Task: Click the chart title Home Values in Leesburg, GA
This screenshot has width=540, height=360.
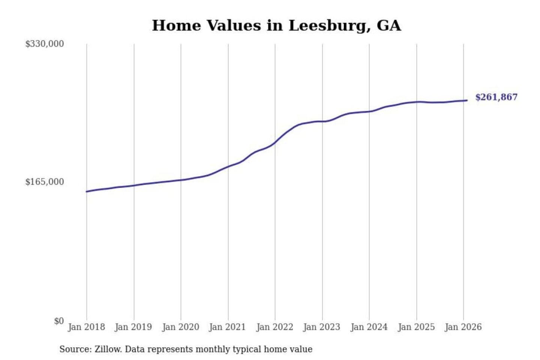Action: (276, 25)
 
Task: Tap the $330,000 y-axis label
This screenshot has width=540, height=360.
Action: (45, 44)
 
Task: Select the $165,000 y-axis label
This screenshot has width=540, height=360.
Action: (45, 182)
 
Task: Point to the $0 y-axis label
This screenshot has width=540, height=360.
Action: (59, 321)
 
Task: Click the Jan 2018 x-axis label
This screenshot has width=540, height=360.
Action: (87, 327)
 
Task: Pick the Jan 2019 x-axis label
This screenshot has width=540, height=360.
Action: (133, 327)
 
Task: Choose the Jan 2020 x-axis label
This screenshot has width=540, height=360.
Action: (181, 327)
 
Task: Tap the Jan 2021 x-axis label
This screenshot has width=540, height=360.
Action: (228, 327)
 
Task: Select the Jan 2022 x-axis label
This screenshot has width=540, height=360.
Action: (275, 327)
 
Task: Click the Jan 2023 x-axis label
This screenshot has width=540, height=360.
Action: (322, 327)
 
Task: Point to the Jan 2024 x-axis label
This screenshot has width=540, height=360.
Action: (369, 327)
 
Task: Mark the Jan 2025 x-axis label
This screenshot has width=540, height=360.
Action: (416, 327)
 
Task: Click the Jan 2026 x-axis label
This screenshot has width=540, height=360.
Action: (463, 327)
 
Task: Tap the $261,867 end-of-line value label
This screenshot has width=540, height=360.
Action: (496, 97)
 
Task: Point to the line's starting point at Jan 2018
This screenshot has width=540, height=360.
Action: (87, 192)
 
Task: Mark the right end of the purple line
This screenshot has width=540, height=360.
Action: (467, 100)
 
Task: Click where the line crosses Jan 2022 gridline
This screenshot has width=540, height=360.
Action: (275, 142)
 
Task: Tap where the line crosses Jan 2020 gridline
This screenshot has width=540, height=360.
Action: (181, 180)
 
